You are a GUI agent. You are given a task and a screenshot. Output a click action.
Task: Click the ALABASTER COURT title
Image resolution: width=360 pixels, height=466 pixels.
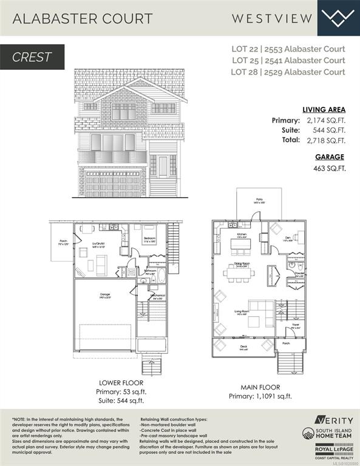(83, 18)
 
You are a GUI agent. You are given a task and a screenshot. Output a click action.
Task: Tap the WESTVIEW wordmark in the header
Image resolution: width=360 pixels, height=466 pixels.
(272, 18)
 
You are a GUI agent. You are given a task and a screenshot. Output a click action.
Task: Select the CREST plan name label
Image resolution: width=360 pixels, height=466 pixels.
(32, 58)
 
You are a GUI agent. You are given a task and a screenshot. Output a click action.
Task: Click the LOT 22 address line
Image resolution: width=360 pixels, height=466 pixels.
(288, 49)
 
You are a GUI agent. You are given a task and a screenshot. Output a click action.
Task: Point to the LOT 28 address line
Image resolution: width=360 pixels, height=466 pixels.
(288, 72)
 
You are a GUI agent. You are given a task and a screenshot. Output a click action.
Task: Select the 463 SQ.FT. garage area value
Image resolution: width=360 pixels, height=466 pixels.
(330, 168)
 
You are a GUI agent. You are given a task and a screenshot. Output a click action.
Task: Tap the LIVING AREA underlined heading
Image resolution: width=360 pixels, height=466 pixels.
(324, 110)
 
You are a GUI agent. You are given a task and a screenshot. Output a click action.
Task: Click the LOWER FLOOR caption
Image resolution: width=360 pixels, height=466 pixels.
(121, 383)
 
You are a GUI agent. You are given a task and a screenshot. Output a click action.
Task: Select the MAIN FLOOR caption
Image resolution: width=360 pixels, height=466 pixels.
(260, 386)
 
